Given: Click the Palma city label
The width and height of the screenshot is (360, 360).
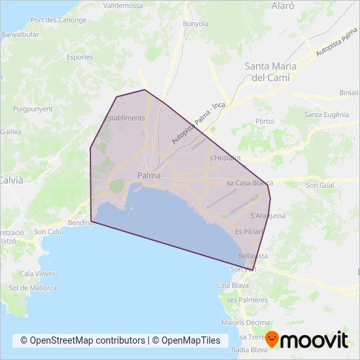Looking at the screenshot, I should point(149,175).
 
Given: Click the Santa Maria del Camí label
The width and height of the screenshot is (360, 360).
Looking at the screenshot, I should point(270,71).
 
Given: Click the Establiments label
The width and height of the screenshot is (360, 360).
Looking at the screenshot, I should point(124,118).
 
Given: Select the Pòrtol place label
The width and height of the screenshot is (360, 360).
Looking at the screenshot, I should point(264,122).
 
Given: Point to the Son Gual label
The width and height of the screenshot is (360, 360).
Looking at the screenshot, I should point(319,187).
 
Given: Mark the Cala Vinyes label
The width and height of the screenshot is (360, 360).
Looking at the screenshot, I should point(37,274).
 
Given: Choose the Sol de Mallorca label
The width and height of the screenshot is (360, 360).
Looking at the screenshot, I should point(33,288).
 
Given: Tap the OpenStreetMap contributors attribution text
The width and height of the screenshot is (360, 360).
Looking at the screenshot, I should point(82,340).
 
